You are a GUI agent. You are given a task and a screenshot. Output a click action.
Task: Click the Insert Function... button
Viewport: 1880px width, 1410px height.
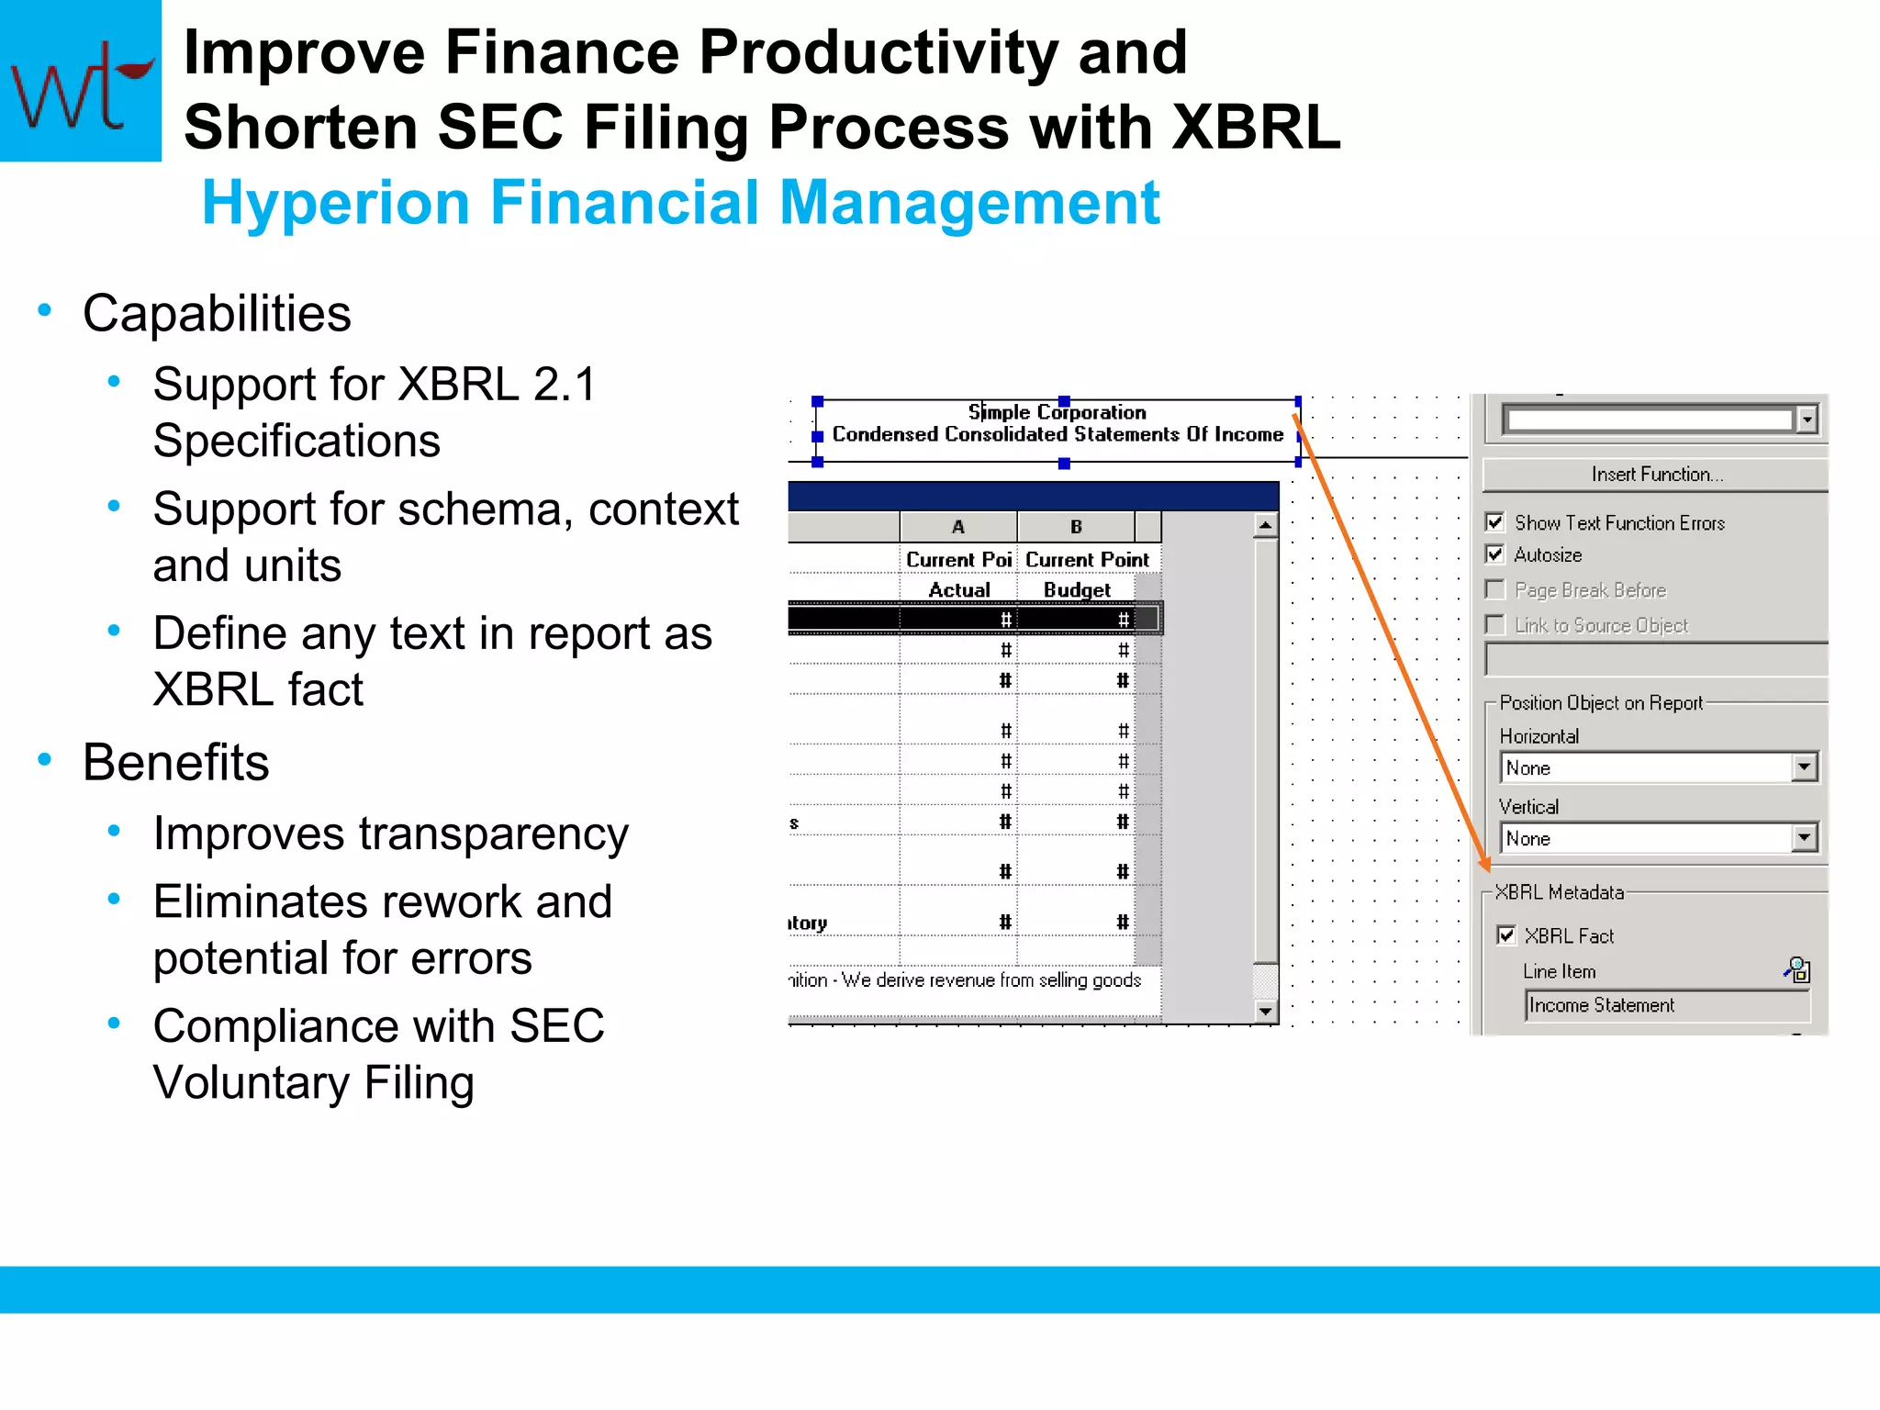[x=1656, y=474]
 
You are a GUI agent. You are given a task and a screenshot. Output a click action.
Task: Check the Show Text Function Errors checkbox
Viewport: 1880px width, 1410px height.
[x=1495, y=522]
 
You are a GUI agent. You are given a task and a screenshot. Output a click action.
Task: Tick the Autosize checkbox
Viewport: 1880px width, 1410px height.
[x=1495, y=554]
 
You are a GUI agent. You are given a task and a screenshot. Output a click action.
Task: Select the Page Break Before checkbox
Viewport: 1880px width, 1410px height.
[x=1495, y=589]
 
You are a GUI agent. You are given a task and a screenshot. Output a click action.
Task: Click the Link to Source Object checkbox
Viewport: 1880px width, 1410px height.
[x=1495, y=625]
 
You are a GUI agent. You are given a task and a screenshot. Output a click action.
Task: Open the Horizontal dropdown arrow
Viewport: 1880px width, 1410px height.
[x=1804, y=767]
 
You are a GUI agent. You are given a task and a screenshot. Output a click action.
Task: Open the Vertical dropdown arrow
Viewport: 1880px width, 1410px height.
[x=1804, y=837]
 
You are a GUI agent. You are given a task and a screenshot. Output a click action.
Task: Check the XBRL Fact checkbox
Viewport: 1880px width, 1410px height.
[x=1506, y=935]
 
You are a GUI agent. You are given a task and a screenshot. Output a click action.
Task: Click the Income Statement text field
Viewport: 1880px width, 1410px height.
[x=1665, y=1005]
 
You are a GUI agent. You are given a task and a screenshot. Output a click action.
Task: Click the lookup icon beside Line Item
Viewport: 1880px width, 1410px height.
[x=1796, y=969]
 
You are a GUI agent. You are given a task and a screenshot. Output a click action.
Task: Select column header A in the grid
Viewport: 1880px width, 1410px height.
[x=958, y=527]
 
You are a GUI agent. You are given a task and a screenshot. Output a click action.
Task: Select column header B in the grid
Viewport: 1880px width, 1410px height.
[x=1076, y=527]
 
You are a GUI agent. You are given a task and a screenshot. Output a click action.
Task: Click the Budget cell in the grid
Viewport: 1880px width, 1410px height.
[x=1076, y=589]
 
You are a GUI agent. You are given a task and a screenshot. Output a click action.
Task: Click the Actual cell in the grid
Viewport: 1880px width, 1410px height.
[x=958, y=589]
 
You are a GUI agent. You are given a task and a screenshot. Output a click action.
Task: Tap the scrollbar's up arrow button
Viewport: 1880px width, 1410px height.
[x=1265, y=525]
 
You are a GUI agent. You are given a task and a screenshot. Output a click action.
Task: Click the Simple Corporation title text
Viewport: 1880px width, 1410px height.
[x=1057, y=412]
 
